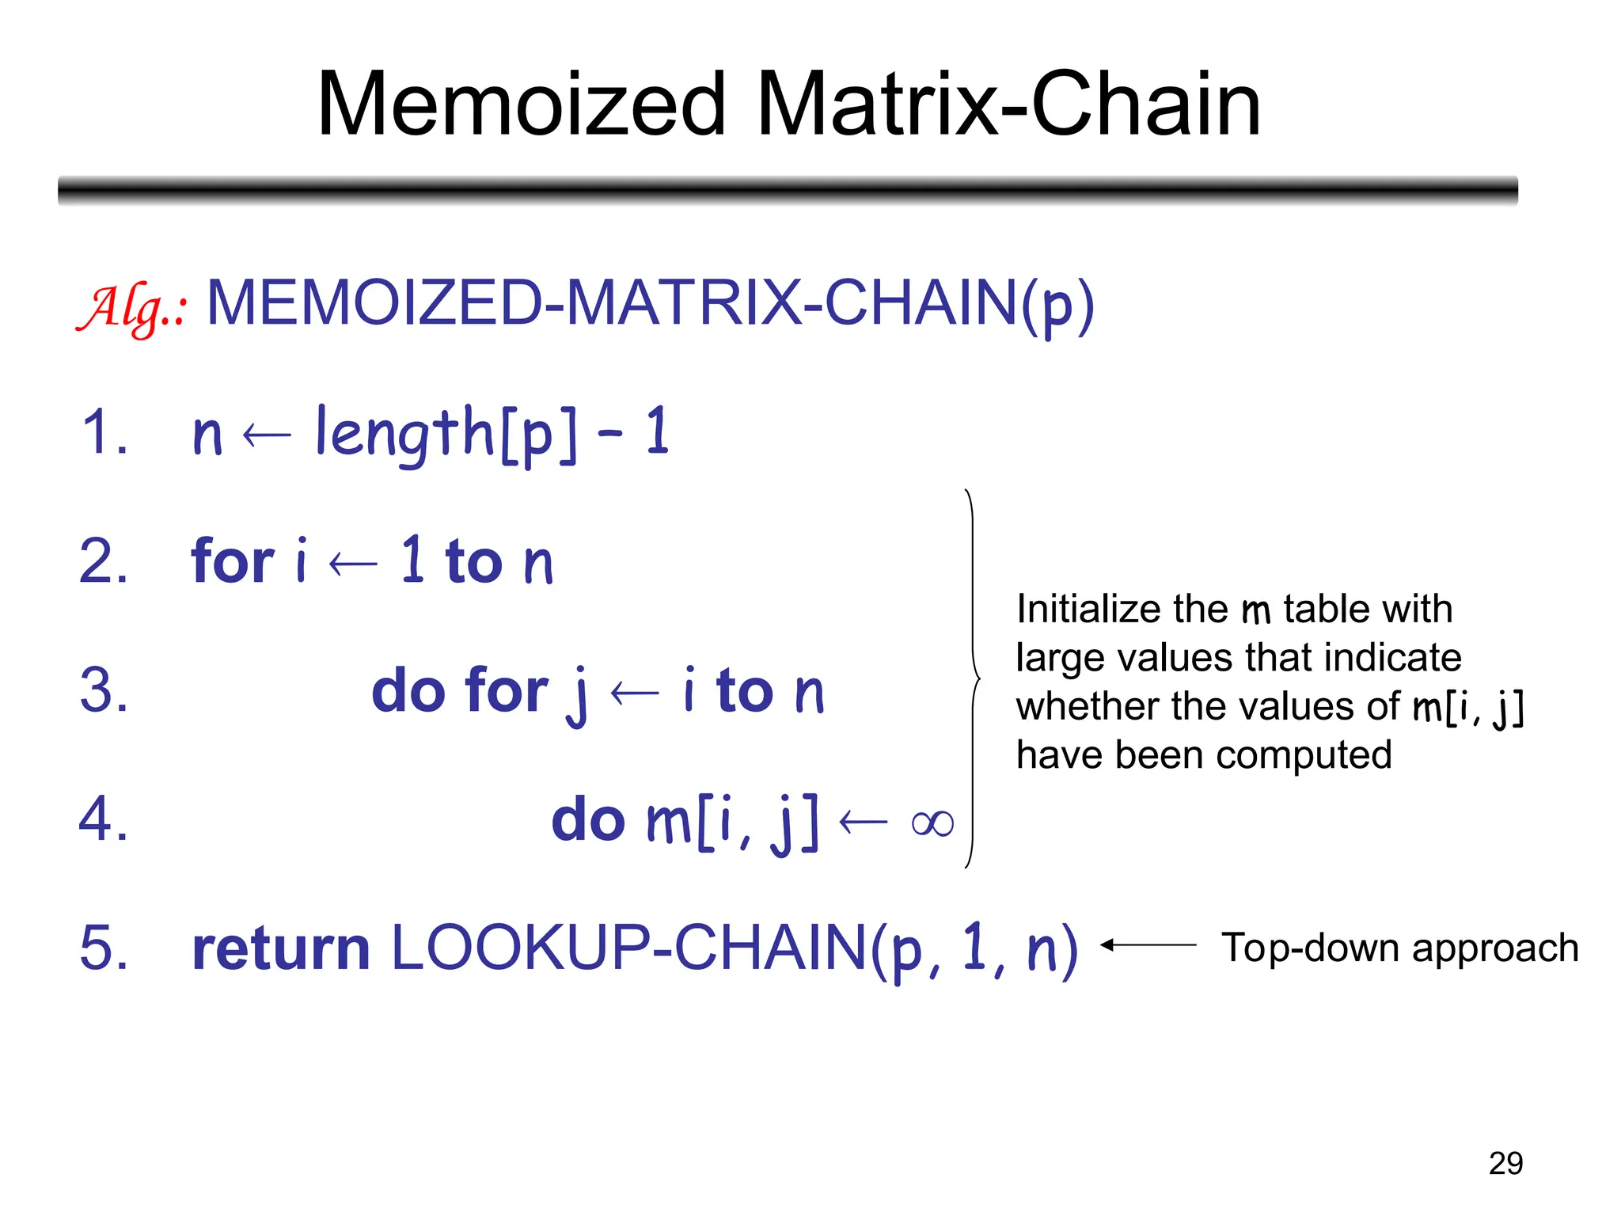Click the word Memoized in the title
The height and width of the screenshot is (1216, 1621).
click(521, 104)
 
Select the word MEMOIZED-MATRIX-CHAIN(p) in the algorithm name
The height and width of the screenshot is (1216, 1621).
click(650, 304)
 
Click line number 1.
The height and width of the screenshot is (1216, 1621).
click(104, 432)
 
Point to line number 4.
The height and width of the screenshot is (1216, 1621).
click(104, 819)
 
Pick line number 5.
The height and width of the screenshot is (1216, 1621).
click(104, 948)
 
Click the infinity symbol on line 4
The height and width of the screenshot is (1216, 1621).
click(932, 824)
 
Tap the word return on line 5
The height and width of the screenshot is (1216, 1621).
click(281, 948)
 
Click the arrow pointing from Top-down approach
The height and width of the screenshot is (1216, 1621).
click(1148, 944)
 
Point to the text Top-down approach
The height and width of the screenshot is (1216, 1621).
click(1399, 948)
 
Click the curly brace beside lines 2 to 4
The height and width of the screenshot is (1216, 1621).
click(973, 678)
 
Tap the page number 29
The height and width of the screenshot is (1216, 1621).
click(1505, 1163)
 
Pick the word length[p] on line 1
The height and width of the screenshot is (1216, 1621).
click(446, 433)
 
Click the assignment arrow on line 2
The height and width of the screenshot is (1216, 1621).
click(353, 564)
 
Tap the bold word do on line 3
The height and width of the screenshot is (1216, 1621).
click(410, 690)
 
